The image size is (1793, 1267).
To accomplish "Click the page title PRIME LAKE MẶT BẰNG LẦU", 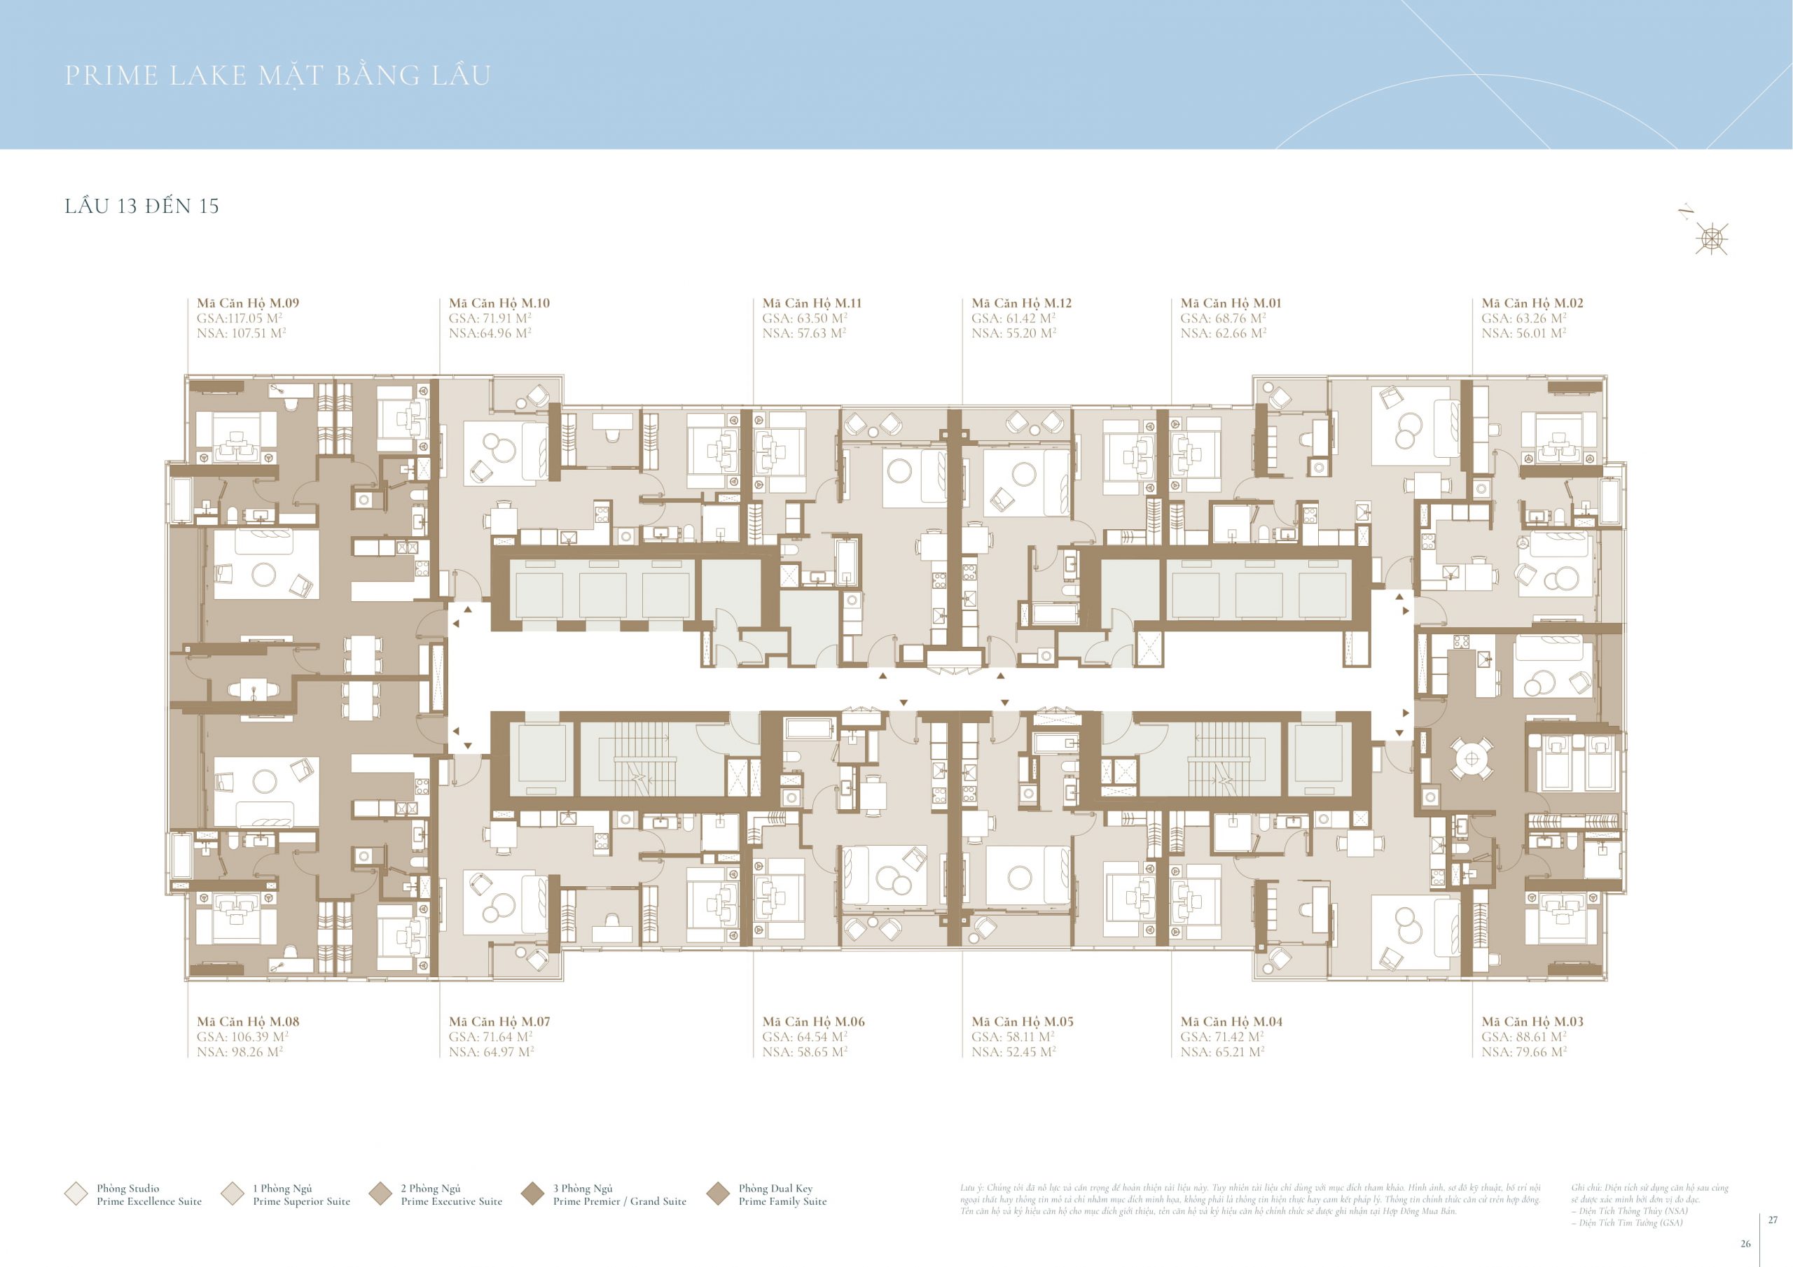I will pos(277,76).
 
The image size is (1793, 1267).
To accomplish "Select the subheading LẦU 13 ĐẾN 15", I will pos(141,206).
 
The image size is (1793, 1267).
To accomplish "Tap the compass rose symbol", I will pos(1711,238).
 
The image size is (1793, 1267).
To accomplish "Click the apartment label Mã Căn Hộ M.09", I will pos(247,303).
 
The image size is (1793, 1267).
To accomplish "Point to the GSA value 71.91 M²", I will pos(490,318).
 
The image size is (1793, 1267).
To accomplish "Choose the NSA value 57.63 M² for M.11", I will pos(803,332).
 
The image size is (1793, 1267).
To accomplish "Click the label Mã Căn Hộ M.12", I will pos(1021,303).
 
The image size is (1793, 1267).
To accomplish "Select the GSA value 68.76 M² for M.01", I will pos(1223,318).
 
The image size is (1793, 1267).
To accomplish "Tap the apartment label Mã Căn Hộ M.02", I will pos(1532,303).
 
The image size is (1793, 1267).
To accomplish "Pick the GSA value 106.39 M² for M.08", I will pos(242,1037).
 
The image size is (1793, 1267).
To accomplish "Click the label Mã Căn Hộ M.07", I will pos(499,1021).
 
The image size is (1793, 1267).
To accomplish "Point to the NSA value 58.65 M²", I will pos(804,1051).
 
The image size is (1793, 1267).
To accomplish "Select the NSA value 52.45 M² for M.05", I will pos(1013,1051).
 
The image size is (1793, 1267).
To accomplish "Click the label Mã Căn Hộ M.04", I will pos(1231,1021).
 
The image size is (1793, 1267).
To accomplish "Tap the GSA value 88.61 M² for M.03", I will pos(1523,1037).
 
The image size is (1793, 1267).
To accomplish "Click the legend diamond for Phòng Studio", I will pos(76,1193).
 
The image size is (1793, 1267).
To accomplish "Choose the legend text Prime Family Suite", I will pos(782,1201).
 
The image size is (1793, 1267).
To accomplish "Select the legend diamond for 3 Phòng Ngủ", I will pos(532,1193).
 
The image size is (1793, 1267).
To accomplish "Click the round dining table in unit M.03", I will pos(1472,758).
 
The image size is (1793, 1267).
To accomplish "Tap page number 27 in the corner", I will pos(1773,1219).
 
